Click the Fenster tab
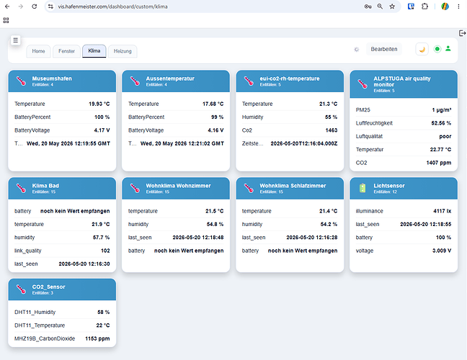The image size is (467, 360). pos(66,51)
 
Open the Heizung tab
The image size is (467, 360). pos(123,51)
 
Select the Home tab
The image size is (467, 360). pos(38,51)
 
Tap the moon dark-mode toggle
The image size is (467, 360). pos(422,49)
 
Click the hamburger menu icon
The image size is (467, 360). pos(15,40)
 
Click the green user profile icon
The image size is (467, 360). pos(448,48)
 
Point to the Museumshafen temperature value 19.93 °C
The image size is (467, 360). pos(99,104)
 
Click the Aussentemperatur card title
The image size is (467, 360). pos(170,78)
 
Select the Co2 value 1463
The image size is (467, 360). pos(332,130)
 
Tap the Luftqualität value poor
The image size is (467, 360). pos(445,136)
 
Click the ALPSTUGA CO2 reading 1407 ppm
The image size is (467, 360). pos(439,163)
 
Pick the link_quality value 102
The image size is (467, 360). pos(105,251)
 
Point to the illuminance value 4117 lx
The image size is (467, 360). pos(442,211)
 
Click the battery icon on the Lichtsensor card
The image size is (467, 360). pos(363,188)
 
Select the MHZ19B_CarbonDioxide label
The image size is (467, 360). pos(45,338)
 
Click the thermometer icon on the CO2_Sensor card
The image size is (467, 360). pos(21,289)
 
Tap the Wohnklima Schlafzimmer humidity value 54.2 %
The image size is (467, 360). pos(329,224)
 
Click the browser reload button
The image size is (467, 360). pos(35,6)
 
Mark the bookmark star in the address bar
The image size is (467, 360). pos(392,6)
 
